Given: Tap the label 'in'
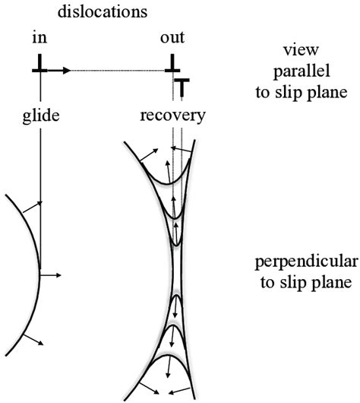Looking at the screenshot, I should pos(40,38).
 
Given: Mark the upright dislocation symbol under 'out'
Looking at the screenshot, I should pos(174,65).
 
